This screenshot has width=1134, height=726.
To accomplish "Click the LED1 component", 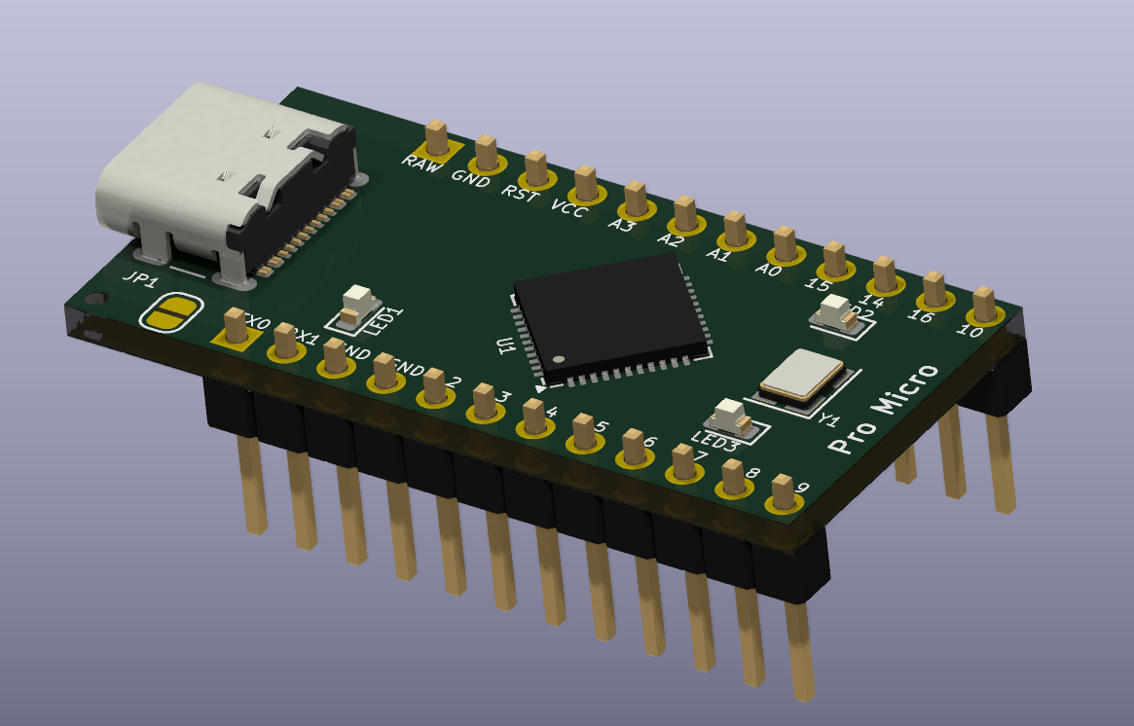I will point(359,301).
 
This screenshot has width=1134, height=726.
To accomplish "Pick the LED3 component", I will point(729,417).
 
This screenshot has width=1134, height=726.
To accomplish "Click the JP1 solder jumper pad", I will point(171,312).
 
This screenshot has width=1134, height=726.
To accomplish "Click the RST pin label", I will point(519,192).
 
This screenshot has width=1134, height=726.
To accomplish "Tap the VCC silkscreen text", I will point(569,207).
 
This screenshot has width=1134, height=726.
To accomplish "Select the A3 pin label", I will point(620,223).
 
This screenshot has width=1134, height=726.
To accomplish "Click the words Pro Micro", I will point(883,408).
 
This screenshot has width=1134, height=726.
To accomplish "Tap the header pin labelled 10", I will point(984,303).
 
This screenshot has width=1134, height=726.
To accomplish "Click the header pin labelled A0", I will point(785,244).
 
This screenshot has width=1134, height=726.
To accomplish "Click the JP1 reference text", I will point(138,277).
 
